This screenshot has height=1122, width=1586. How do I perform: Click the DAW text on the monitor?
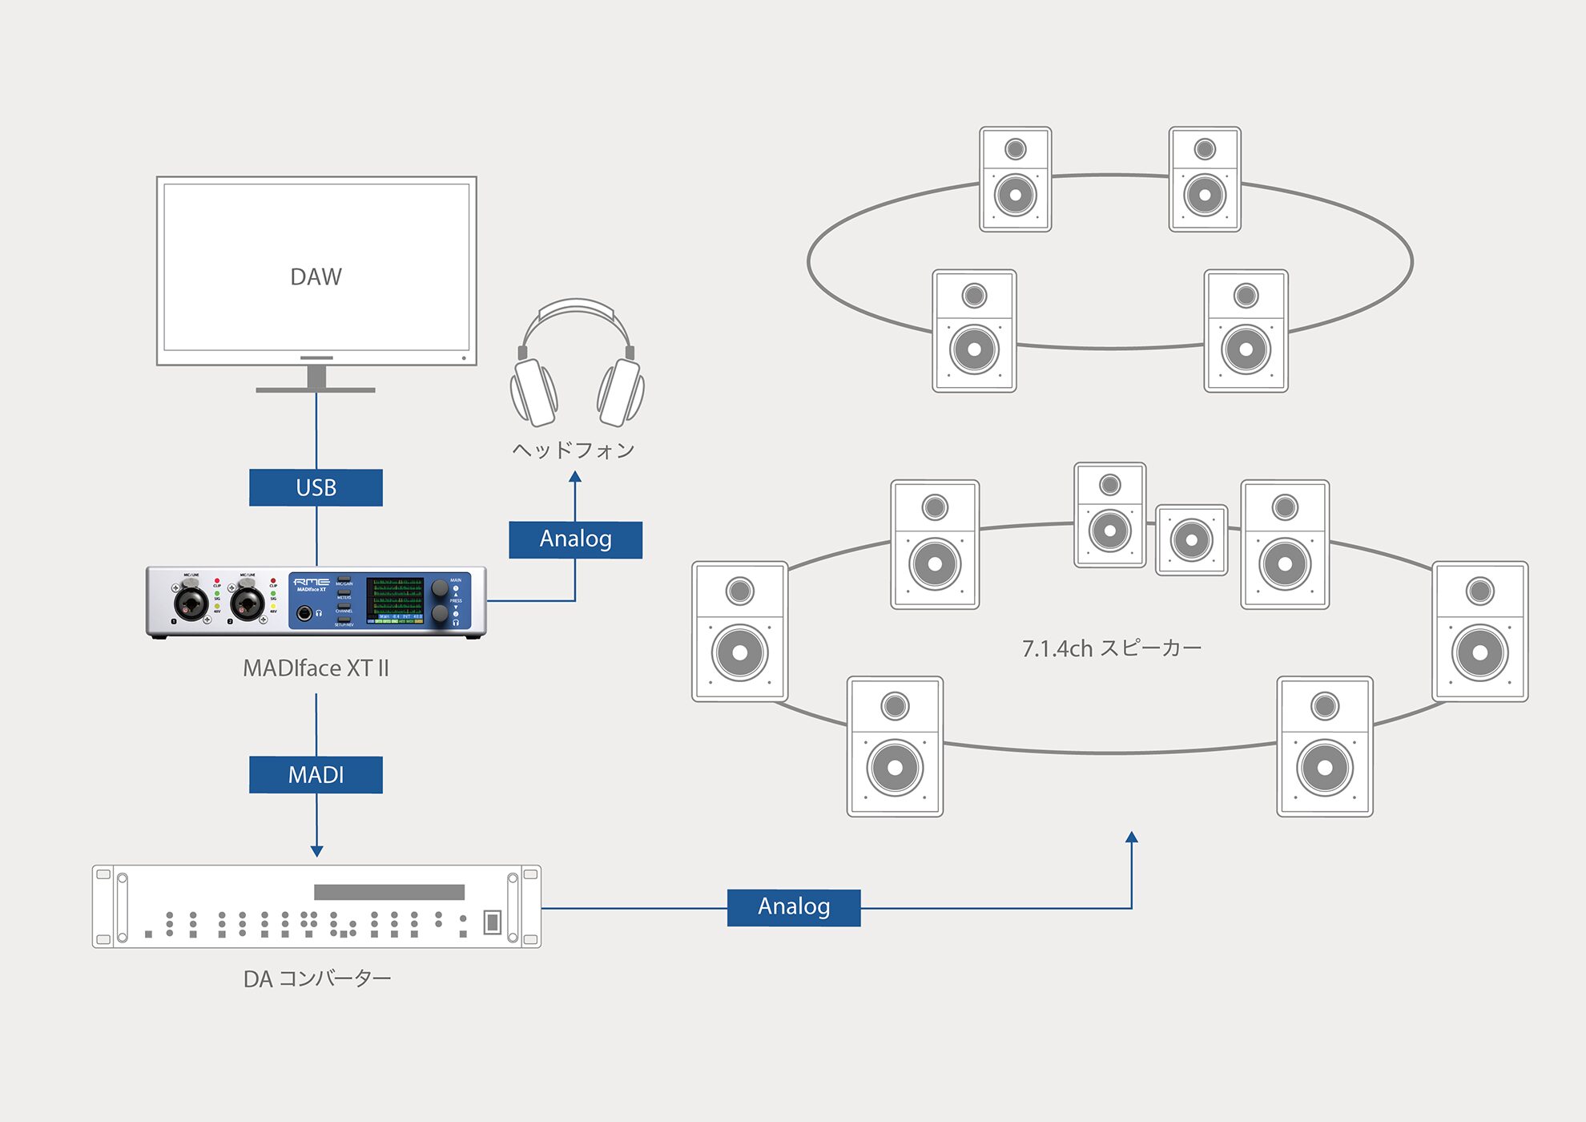coord(316,276)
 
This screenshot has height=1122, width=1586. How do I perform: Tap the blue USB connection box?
coord(316,487)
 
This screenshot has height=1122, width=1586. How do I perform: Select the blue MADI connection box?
coord(316,774)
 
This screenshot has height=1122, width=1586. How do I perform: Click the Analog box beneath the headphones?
coord(575,539)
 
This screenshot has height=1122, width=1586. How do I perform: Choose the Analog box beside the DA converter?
coord(793,907)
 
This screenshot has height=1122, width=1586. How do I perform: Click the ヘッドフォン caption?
coord(574,450)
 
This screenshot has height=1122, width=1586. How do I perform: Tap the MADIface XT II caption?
coord(316,668)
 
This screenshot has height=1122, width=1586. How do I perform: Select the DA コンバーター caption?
coord(317,979)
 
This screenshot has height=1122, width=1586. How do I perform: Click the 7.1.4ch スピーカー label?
coord(1111,648)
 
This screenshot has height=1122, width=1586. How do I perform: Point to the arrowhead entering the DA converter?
coord(316,851)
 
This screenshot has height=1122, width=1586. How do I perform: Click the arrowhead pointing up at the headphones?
coord(575,477)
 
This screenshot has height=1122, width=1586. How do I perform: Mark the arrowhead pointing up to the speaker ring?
coord(1132,837)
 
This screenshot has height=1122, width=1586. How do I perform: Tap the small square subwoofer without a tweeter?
coord(1191,540)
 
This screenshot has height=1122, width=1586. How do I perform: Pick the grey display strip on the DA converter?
coord(389,892)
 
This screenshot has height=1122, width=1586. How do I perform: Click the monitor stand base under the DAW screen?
coord(316,389)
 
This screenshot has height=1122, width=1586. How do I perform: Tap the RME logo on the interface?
coord(311,582)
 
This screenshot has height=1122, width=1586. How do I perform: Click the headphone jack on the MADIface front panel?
coord(304,614)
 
